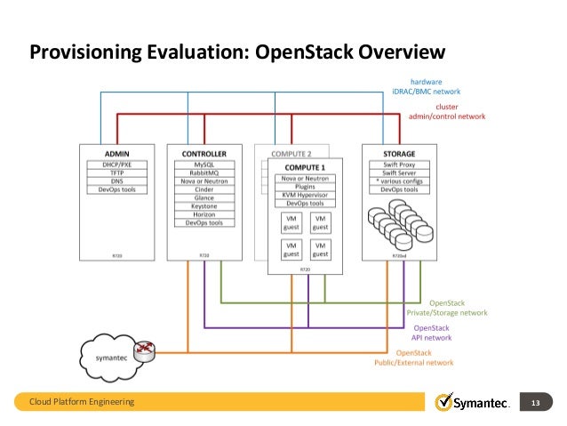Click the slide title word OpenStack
(x=304, y=52)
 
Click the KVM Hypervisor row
(x=305, y=196)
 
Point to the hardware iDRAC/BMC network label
(x=427, y=86)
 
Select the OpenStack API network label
(x=432, y=333)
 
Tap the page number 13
(x=536, y=403)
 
